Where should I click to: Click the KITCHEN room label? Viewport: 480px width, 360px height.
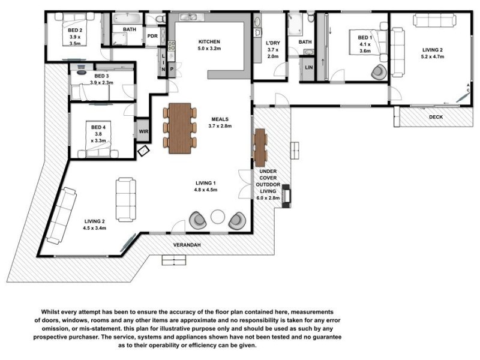[x=210, y=41]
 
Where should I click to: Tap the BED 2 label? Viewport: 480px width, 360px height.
[x=75, y=29]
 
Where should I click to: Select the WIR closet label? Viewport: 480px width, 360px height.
[x=143, y=131]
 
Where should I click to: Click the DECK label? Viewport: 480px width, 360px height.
[x=436, y=117]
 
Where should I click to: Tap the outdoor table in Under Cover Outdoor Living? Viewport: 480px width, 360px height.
[x=260, y=148]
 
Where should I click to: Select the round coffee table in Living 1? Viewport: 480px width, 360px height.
[x=217, y=217]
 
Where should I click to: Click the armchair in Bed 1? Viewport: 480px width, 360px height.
[x=379, y=72]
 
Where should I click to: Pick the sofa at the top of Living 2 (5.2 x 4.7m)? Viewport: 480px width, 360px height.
[x=434, y=20]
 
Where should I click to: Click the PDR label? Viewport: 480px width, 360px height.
[x=152, y=36]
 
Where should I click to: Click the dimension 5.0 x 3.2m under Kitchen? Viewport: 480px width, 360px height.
[x=210, y=49]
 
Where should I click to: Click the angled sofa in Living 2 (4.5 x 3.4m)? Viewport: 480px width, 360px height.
[x=61, y=214]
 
